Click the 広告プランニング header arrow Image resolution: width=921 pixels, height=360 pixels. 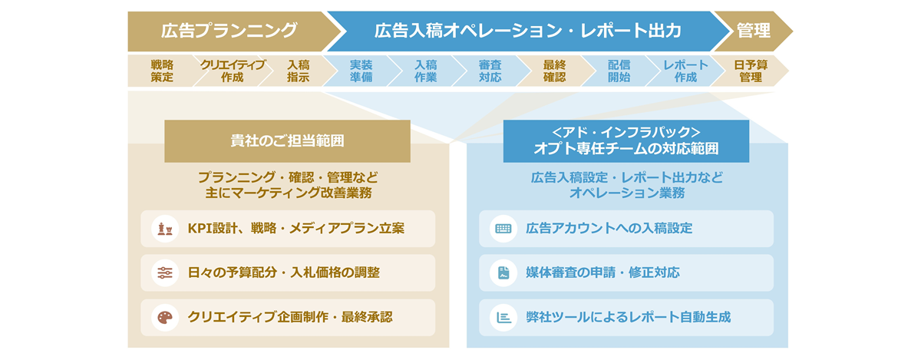point(230,31)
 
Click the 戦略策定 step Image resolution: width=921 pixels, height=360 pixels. point(162,71)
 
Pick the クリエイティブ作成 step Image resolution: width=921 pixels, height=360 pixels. point(233,71)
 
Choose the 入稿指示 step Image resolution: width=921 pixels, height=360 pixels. point(298,71)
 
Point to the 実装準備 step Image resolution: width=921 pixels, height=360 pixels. point(361,71)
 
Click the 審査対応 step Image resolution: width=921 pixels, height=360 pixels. point(490,71)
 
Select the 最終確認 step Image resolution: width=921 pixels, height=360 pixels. point(555,71)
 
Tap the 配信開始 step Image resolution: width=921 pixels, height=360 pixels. point(619,71)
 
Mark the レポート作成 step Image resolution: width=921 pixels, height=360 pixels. point(685,71)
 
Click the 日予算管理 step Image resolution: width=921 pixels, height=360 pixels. point(751,71)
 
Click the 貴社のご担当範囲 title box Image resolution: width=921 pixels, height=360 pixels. point(287,141)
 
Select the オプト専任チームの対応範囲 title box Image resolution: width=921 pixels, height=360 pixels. point(626,141)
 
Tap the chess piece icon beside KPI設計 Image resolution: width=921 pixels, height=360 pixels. point(165,229)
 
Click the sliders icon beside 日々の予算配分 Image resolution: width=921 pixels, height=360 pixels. point(165,272)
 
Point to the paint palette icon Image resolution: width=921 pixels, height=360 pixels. point(165,317)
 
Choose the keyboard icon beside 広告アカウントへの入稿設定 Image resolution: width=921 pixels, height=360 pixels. point(503,229)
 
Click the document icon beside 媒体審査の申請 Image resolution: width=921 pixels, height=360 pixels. point(503,272)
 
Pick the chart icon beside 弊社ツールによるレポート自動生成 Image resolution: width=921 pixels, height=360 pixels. point(503,317)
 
